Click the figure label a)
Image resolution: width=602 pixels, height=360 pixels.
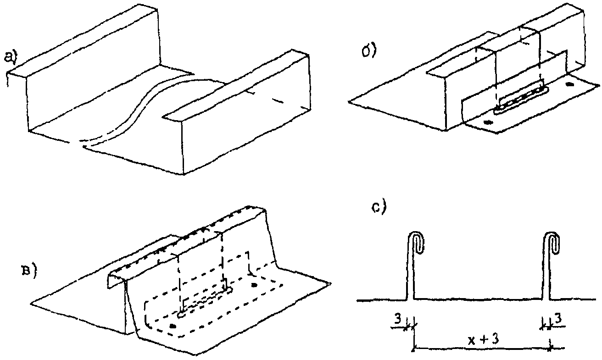tap(10, 58)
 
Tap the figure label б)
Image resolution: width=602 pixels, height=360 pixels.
tap(369, 50)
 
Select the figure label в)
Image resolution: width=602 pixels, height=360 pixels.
tap(28, 272)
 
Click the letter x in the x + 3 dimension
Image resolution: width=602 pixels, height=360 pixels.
tap(471, 340)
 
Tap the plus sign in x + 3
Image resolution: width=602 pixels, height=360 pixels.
tap(482, 340)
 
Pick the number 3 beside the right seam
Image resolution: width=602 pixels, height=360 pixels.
tap(557, 319)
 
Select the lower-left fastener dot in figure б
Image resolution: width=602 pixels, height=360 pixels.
tap(488, 122)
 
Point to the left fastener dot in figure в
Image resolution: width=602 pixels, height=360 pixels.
tap(173, 326)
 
